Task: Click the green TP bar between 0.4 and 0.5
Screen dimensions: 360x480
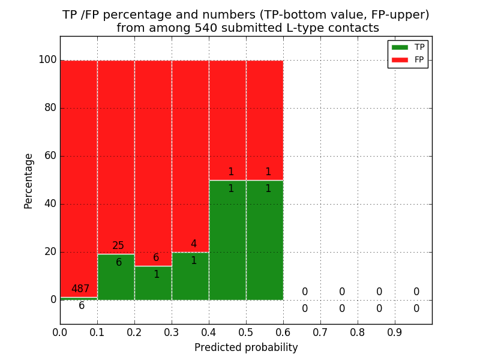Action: tap(227, 240)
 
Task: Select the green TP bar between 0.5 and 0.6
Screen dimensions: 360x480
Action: tap(265, 240)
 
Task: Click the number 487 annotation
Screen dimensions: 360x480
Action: tap(80, 289)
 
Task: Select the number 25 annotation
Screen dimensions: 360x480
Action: tap(118, 246)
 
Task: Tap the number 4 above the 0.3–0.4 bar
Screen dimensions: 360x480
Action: tap(193, 244)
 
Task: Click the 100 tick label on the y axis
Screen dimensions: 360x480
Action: tap(47, 60)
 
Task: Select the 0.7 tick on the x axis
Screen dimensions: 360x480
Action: tap(320, 331)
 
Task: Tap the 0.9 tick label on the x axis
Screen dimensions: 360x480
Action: tap(395, 331)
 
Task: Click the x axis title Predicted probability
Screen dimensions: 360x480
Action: tap(246, 348)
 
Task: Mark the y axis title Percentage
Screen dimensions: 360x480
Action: tap(29, 181)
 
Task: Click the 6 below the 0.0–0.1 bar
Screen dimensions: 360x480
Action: tap(82, 306)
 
